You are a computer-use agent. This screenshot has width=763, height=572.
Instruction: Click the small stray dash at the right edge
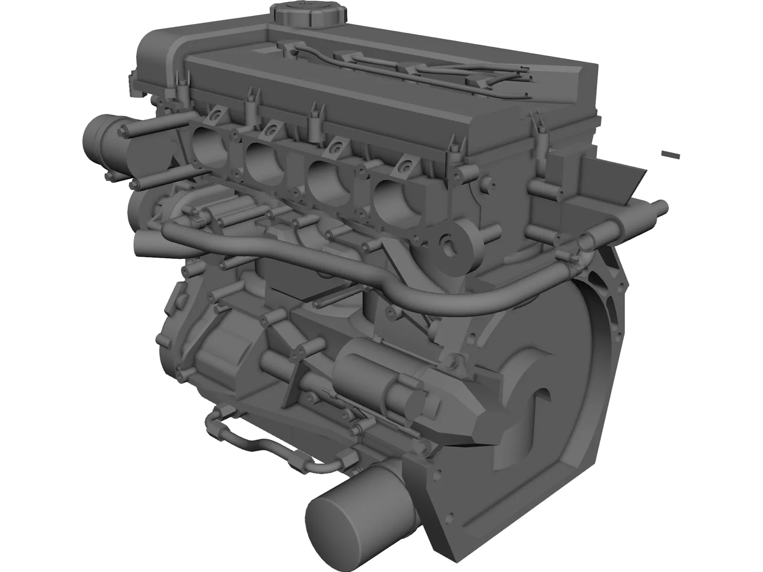(x=670, y=154)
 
